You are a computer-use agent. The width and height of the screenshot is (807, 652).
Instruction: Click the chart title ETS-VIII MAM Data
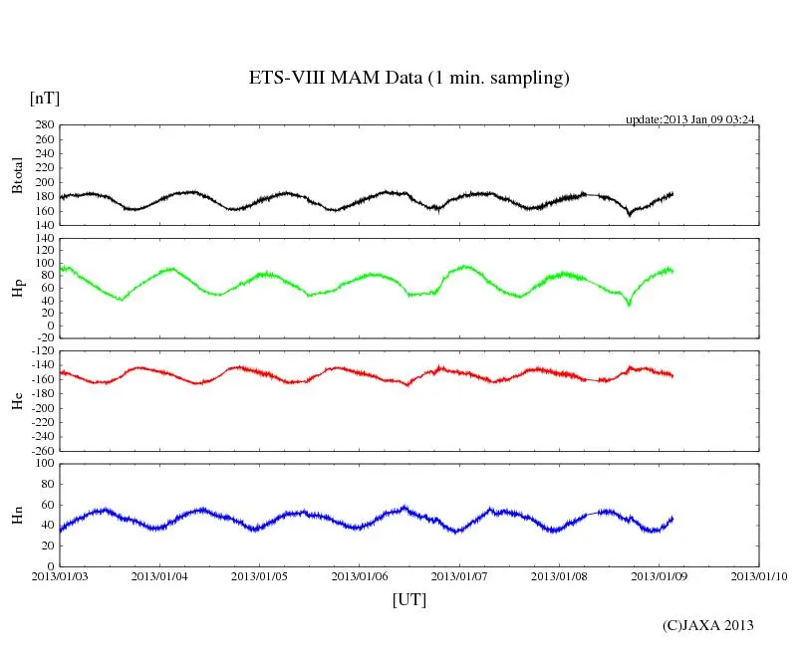[408, 79]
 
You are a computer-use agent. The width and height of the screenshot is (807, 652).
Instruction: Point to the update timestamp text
[689, 119]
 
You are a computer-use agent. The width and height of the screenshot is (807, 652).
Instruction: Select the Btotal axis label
[17, 175]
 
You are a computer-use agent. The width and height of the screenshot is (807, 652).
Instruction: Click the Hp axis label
[17, 289]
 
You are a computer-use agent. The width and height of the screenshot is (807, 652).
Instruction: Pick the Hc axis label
[17, 399]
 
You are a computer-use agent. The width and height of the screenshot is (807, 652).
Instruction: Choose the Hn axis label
[17, 514]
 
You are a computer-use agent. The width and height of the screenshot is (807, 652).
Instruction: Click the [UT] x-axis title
[408, 599]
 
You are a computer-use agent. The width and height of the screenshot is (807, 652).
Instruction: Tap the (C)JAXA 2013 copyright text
[707, 625]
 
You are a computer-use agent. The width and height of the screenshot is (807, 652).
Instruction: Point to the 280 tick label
[44, 125]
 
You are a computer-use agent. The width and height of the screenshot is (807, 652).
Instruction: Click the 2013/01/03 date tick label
[60, 575]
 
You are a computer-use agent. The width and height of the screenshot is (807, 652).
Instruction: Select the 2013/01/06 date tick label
[360, 575]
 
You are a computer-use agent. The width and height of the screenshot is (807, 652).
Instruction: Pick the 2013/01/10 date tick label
[759, 575]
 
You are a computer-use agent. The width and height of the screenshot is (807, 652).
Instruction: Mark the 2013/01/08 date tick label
[560, 575]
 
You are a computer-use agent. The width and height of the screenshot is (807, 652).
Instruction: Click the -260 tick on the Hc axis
[42, 450]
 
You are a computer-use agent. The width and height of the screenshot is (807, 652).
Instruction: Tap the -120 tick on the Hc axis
[42, 351]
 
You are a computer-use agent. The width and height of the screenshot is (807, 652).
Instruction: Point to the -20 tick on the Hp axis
[44, 336]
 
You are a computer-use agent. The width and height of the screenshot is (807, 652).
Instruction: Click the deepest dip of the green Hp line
[629, 305]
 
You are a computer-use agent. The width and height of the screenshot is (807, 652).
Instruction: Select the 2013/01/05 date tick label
[260, 575]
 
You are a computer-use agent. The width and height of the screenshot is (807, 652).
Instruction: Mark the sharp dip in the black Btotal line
[629, 214]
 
